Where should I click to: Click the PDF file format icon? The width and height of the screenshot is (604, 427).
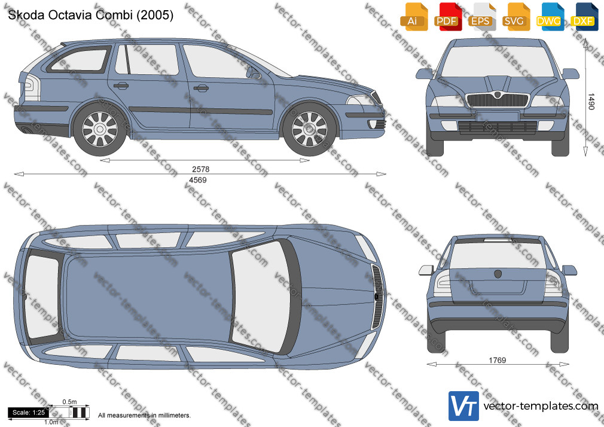pos(448,17)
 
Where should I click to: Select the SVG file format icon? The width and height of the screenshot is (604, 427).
pos(516,17)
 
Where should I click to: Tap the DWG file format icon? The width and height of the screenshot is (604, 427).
pos(550,17)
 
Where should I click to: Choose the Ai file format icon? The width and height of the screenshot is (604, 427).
pos(414,17)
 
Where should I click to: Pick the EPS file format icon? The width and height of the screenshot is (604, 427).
pos(482,17)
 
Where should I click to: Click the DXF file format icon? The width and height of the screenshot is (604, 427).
pos(584,17)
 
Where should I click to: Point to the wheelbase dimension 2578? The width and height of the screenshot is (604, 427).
pos(201,169)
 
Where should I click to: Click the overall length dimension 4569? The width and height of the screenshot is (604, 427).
pos(197,180)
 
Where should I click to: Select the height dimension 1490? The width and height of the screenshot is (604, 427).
pos(591,101)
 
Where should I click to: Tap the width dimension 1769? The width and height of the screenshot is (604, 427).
pos(498,361)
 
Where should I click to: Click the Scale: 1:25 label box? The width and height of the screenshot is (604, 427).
pos(29,413)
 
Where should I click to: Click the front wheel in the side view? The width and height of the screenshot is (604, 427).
pos(309,129)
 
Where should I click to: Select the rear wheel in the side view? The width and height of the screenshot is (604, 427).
pos(100,129)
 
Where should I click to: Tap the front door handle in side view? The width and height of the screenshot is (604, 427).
pos(201,89)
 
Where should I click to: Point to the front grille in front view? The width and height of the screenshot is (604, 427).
pos(498,100)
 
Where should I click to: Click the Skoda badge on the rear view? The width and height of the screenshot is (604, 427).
pos(498,274)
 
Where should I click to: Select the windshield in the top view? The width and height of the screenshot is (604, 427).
pos(261,297)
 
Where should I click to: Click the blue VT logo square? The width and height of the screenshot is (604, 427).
pos(464,406)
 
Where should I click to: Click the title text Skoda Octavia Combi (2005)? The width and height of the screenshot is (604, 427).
pos(90,15)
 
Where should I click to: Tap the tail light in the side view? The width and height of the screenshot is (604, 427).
pos(32,87)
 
